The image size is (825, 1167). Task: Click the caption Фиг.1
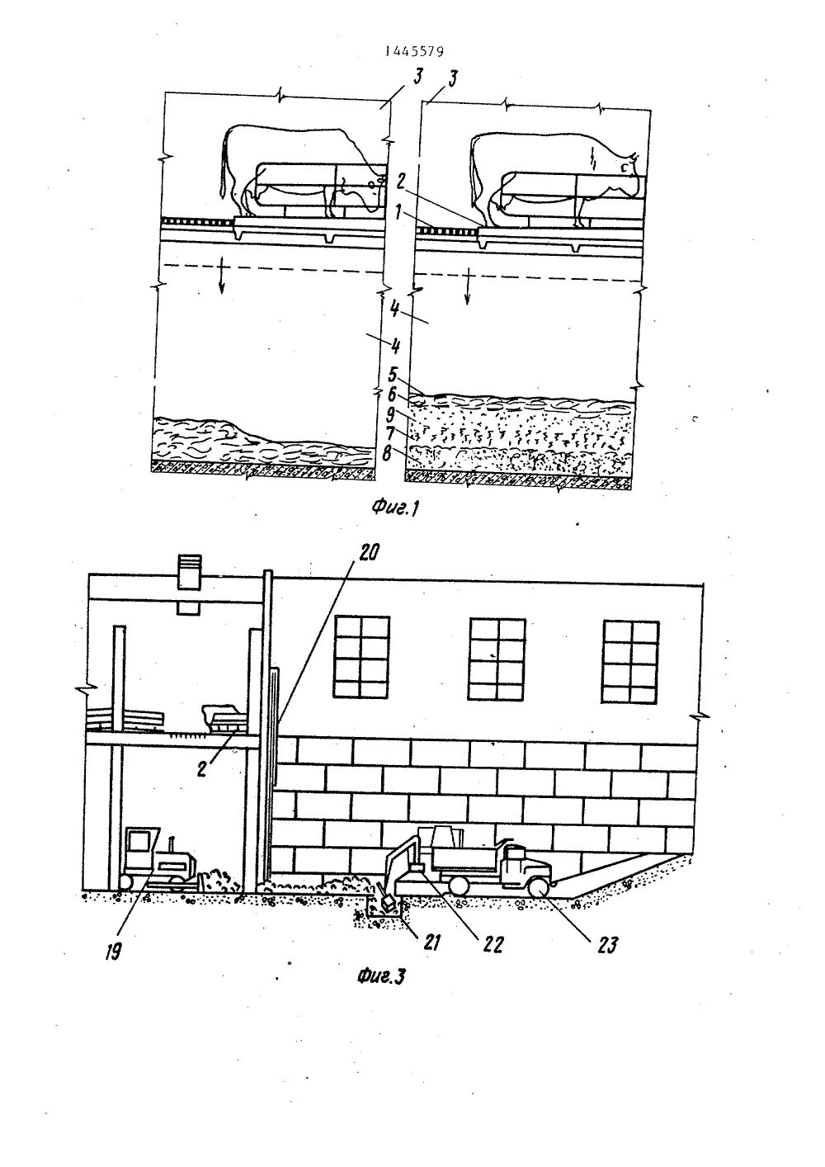[x=397, y=508]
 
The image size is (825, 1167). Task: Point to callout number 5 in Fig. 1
[x=394, y=371]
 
